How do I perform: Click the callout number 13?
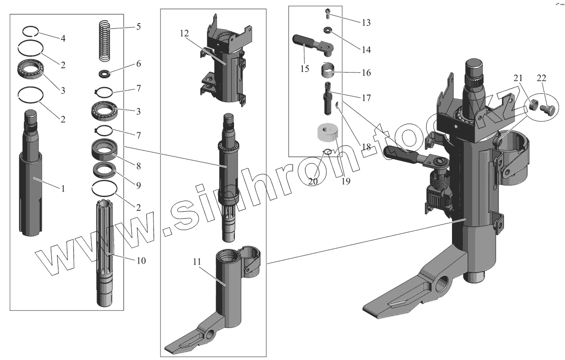click(x=366, y=22)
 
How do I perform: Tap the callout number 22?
click(x=541, y=78)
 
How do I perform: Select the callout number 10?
click(x=141, y=260)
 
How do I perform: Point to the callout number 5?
click(x=138, y=26)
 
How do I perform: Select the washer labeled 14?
click(x=327, y=31)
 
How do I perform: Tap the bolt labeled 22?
click(x=548, y=111)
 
